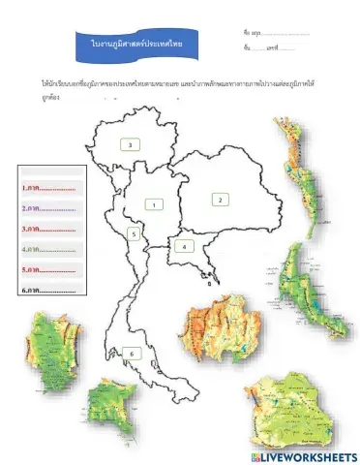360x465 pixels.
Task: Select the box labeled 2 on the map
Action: click(x=221, y=199)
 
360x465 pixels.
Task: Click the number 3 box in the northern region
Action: click(x=131, y=144)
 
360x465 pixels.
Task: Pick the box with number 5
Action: click(x=135, y=234)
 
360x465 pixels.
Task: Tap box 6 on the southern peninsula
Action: click(x=131, y=355)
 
